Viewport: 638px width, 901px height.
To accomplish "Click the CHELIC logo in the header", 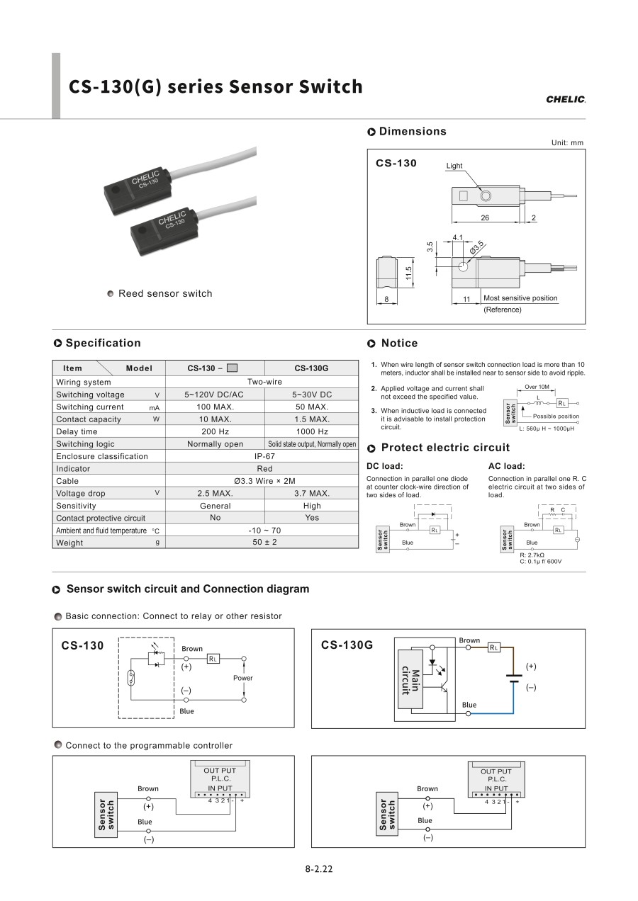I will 566,99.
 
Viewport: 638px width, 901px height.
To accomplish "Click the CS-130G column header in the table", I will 311,368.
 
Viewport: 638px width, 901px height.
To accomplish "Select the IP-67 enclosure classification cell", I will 264,456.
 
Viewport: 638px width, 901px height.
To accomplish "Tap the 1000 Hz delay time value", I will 311,431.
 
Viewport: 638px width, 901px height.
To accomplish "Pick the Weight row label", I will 69,543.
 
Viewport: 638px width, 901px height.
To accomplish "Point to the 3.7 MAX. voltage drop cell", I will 311,493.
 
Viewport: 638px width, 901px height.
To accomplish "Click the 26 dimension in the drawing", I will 485,217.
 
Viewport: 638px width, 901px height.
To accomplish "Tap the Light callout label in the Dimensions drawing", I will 454,166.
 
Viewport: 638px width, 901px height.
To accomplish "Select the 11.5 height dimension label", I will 409,273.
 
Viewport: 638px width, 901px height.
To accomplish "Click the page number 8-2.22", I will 319,869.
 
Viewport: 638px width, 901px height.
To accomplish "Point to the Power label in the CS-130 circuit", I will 242,678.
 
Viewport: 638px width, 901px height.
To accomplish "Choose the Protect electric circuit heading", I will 445,448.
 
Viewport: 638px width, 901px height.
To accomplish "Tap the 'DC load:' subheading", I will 384,466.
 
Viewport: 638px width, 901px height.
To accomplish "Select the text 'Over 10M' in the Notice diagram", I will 537,387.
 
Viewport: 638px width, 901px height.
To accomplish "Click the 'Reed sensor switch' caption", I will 165,293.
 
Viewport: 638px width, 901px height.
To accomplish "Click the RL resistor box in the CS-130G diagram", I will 493,647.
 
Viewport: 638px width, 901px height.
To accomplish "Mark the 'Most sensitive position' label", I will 520,298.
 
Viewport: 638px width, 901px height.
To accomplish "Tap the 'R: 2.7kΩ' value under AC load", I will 532,555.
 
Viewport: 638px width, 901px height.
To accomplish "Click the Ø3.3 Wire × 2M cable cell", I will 264,481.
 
